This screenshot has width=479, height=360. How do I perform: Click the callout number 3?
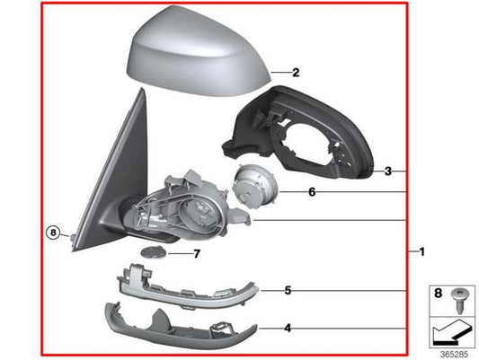pos(387,171)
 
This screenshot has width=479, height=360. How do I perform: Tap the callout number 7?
pos(198,254)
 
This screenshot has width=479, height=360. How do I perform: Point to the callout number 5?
pos(288,290)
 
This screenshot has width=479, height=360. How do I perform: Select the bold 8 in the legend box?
pos(439,293)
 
